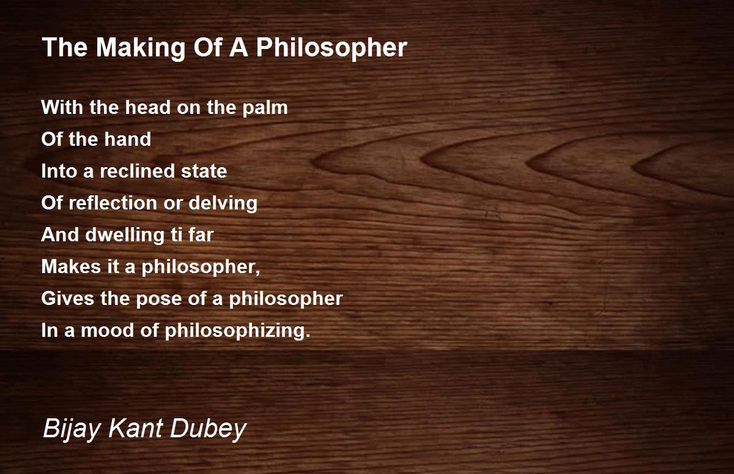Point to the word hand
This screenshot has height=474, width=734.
127,140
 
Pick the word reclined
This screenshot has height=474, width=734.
135,171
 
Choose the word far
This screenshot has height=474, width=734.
200,235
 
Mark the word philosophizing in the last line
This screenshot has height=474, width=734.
237,331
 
